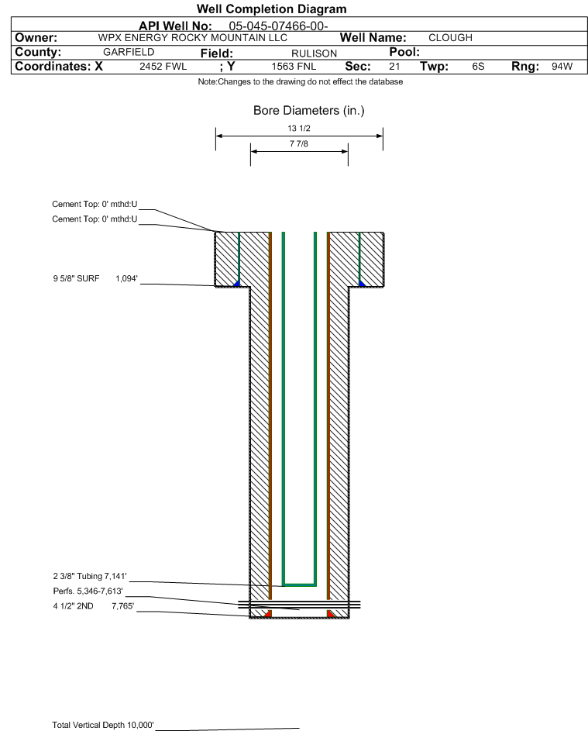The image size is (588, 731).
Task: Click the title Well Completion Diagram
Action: click(272, 9)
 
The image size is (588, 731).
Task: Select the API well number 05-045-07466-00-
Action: click(278, 26)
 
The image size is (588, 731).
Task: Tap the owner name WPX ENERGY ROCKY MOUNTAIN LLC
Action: click(192, 38)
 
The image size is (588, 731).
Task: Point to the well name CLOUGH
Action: click(450, 38)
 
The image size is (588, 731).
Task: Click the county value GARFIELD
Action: click(129, 52)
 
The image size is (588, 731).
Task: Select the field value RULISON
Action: click(314, 53)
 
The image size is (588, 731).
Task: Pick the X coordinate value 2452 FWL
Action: click(163, 67)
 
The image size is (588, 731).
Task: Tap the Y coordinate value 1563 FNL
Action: click(294, 67)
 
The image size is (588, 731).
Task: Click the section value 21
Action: click(394, 67)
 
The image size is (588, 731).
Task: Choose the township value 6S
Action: click(478, 67)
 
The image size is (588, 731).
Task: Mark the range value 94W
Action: click(562, 67)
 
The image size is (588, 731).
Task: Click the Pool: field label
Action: click(404, 52)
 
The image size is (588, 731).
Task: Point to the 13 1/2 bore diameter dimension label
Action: click(299, 128)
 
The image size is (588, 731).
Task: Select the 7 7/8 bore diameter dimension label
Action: click(299, 143)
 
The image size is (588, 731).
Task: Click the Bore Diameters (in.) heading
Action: click(308, 111)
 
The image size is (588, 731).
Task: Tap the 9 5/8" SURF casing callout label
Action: click(76, 279)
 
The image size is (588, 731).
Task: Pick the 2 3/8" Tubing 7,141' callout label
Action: click(90, 576)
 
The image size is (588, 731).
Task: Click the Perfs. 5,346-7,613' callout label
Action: click(88, 591)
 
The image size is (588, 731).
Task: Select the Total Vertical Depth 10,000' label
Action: click(103, 725)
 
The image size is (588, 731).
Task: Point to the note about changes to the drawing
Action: click(300, 81)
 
